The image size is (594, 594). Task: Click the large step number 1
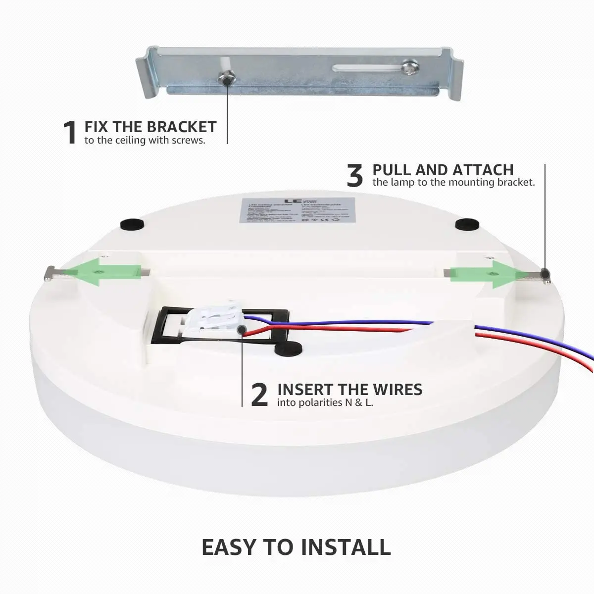click(x=70, y=133)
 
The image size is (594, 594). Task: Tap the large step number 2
click(x=259, y=395)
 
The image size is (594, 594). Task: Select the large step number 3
click(x=354, y=176)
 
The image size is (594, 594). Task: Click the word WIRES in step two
click(x=397, y=390)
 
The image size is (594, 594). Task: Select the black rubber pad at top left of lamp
click(x=132, y=223)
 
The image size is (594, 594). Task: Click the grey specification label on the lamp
click(x=297, y=211)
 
